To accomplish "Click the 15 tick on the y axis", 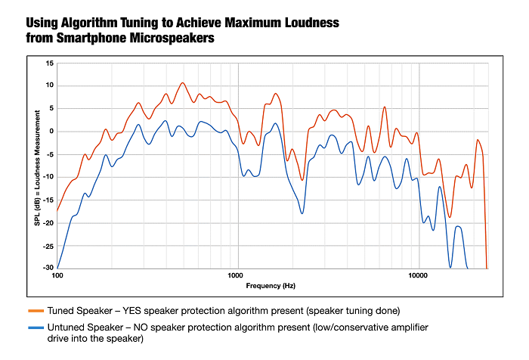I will [x=49, y=63].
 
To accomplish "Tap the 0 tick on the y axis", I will [x=51, y=131].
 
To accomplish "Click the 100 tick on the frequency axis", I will [x=57, y=275].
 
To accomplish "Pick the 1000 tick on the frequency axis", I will [x=237, y=275].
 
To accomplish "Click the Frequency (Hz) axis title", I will [x=271, y=286].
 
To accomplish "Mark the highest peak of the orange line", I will [x=182, y=83].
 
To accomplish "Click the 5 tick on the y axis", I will [x=51, y=108].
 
